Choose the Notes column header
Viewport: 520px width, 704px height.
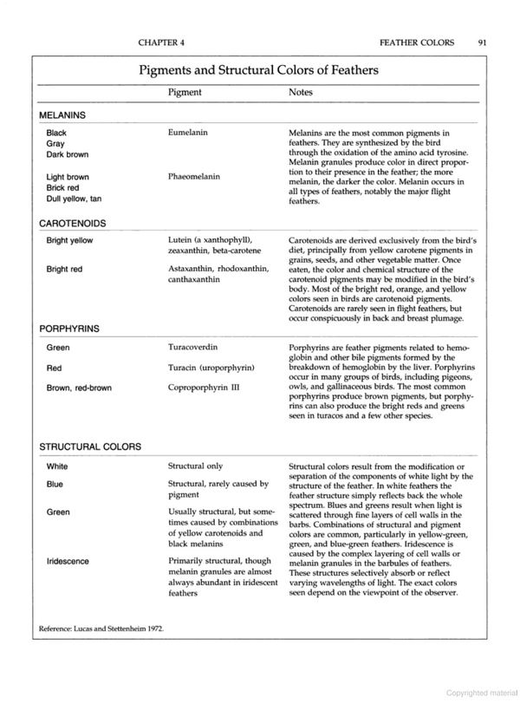point(301,92)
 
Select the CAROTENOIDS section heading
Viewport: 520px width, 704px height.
point(77,223)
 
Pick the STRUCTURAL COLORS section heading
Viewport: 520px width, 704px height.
point(92,447)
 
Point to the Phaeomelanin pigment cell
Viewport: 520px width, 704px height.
point(194,177)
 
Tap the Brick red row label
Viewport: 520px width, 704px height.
point(63,187)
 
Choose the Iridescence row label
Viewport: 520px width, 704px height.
point(68,561)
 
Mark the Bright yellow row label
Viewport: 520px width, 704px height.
point(70,239)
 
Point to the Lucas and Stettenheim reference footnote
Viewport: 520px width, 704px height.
point(101,627)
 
